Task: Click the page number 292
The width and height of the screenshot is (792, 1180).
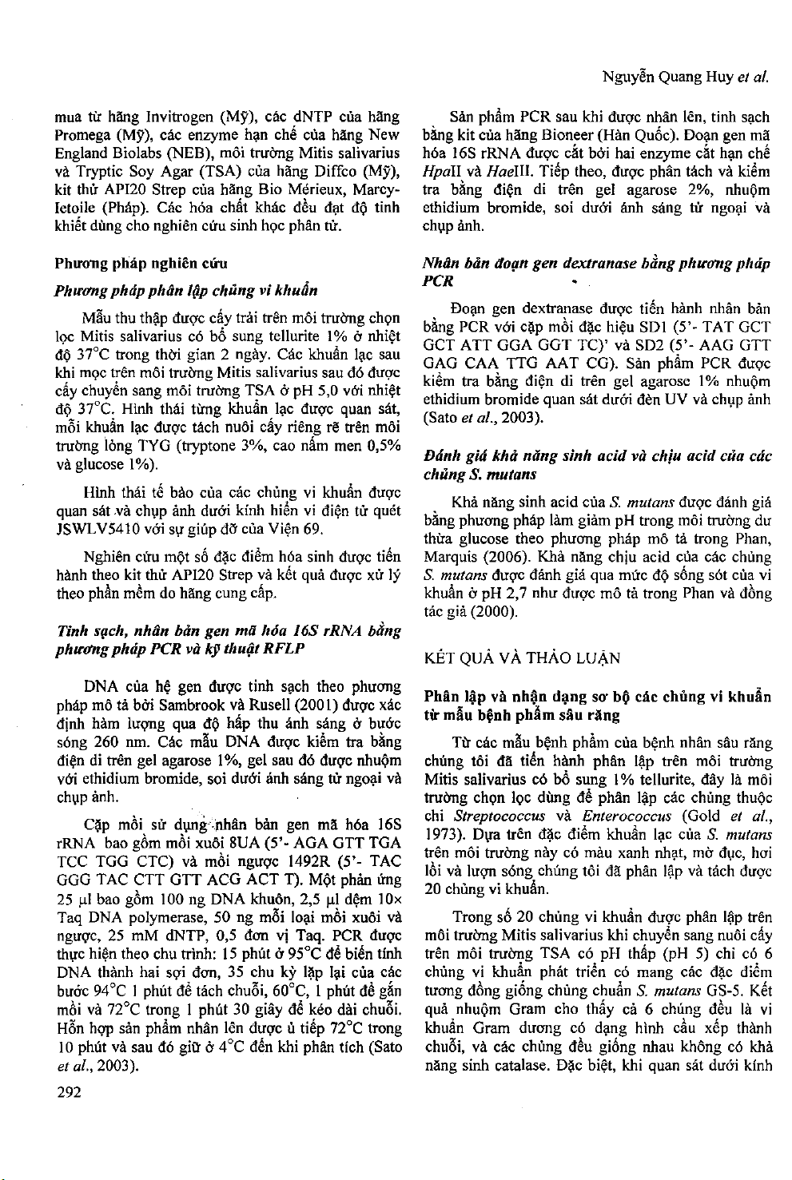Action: point(69,1092)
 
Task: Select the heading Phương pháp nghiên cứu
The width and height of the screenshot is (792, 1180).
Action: point(141,263)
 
